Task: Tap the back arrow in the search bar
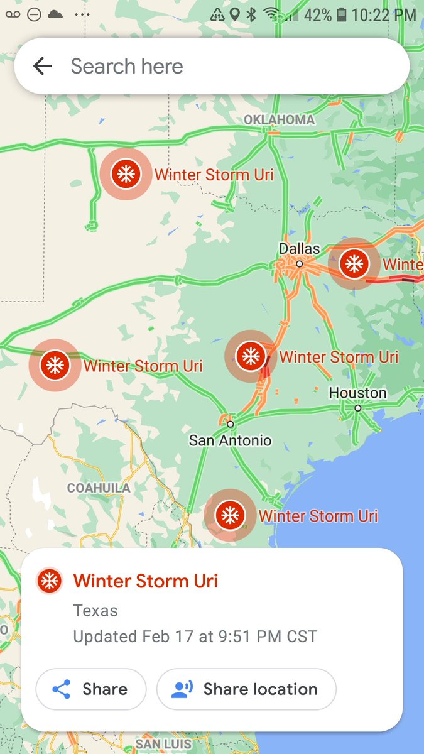pos(43,66)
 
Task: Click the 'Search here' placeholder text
pos(127,66)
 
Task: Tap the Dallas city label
pos(300,249)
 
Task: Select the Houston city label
pos(357,393)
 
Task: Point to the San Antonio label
pos(230,440)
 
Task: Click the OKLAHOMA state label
pos(279,119)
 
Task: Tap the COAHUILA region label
pos(99,488)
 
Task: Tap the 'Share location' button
pos(246,689)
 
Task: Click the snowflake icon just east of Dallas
pos(354,263)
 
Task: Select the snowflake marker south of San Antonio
pos(230,515)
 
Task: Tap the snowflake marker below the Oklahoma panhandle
pos(126,173)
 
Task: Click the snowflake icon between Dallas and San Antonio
pos(251,356)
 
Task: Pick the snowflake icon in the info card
pos(49,581)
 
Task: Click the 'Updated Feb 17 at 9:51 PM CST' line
pos(195,636)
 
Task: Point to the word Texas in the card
pos(95,610)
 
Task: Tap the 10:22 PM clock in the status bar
pos(384,15)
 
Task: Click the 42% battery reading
pos(317,15)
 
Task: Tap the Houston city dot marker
pos(357,408)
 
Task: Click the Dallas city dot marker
pos(300,264)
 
